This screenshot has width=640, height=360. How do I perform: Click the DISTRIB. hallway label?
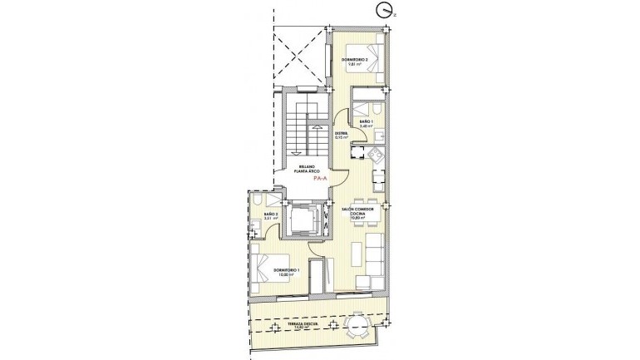click(x=341, y=135)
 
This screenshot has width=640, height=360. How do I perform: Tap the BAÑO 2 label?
click(x=269, y=218)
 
